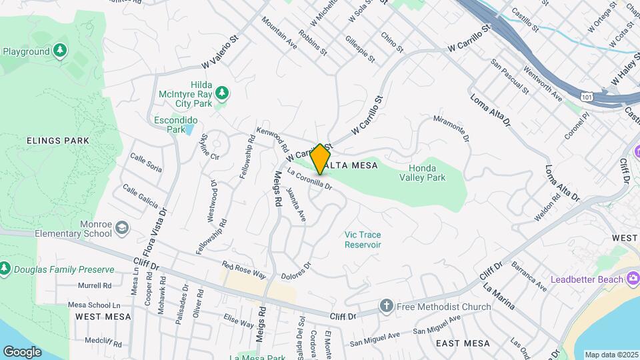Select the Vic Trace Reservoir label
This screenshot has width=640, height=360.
363,239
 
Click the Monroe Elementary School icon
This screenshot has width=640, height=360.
122,229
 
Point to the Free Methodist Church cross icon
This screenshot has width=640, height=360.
386,307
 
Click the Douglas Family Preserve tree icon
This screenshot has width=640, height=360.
5,269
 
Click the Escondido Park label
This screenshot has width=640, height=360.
176,125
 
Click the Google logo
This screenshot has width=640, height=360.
22,351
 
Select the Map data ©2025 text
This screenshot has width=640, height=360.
611,355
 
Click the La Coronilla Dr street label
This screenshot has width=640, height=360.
309,180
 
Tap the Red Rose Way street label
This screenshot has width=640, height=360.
244,270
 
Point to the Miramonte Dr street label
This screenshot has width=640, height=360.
451,128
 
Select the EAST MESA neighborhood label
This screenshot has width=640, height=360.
463,343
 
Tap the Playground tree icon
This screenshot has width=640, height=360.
60,51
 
